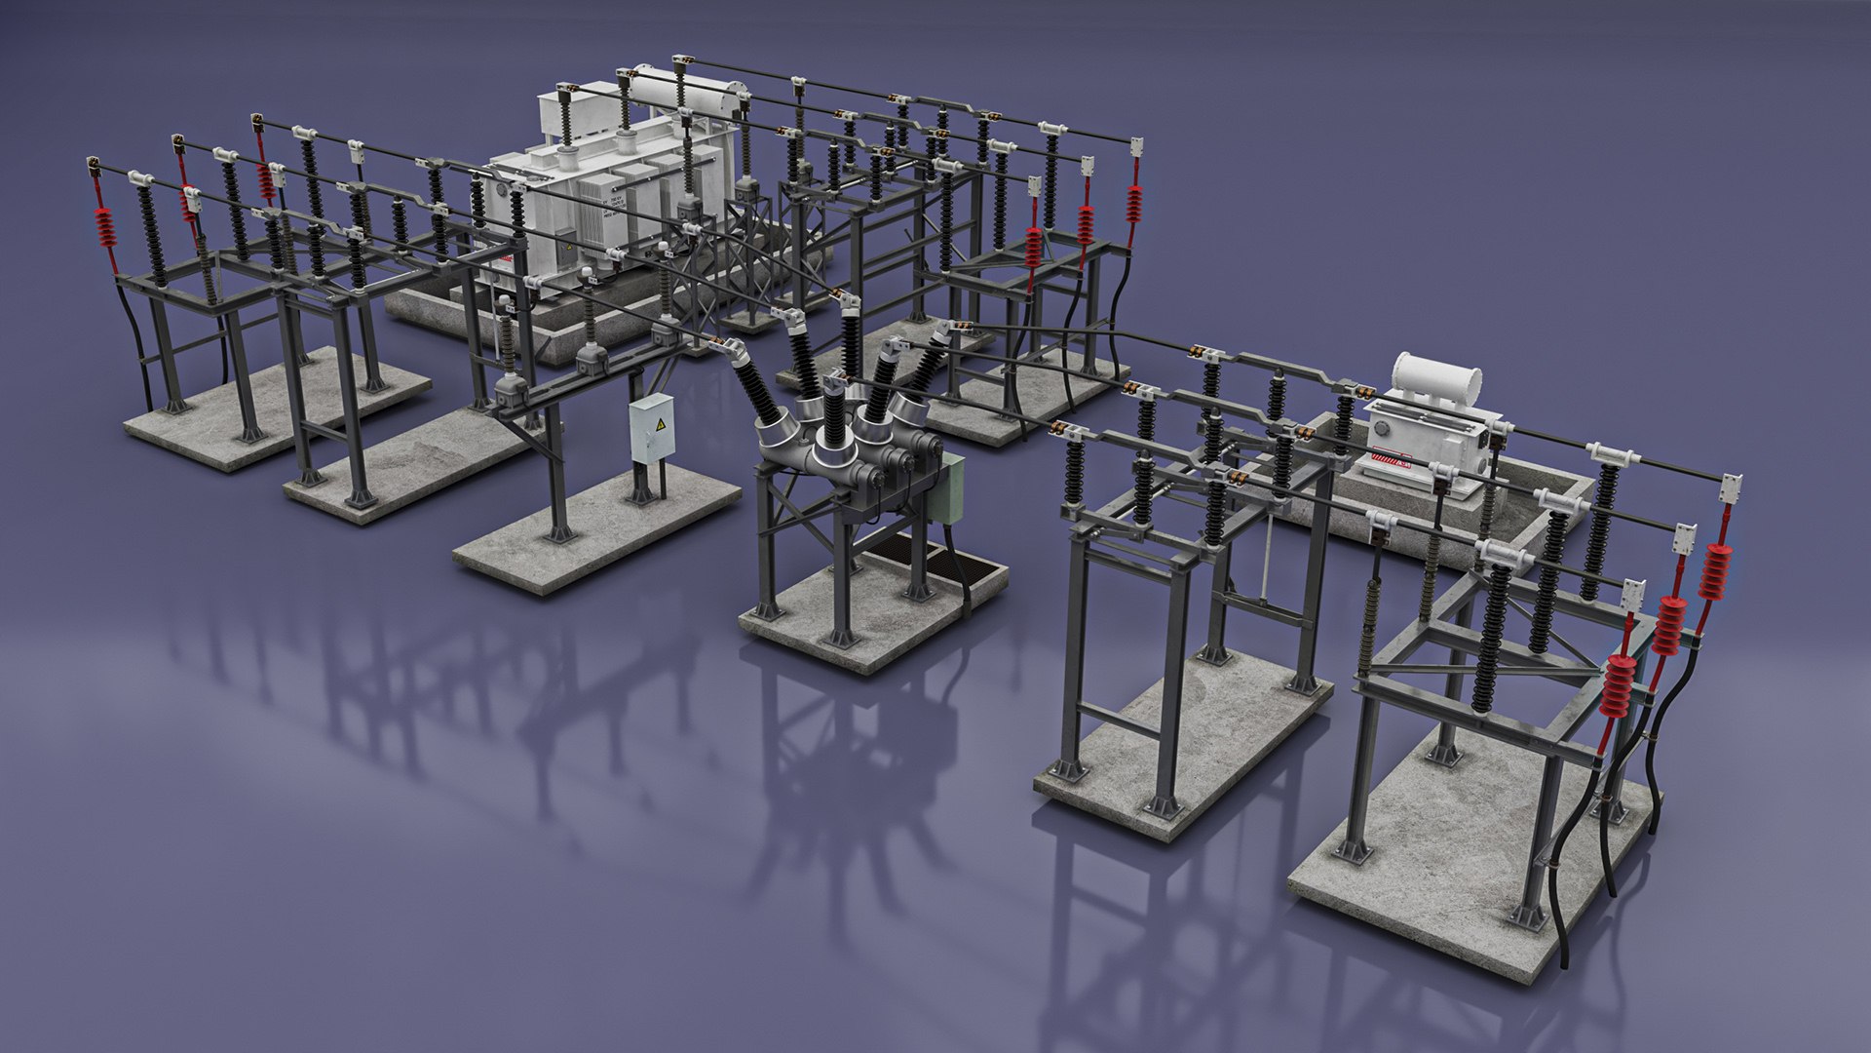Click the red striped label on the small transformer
[1392, 457]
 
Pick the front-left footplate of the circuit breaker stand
[765, 610]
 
